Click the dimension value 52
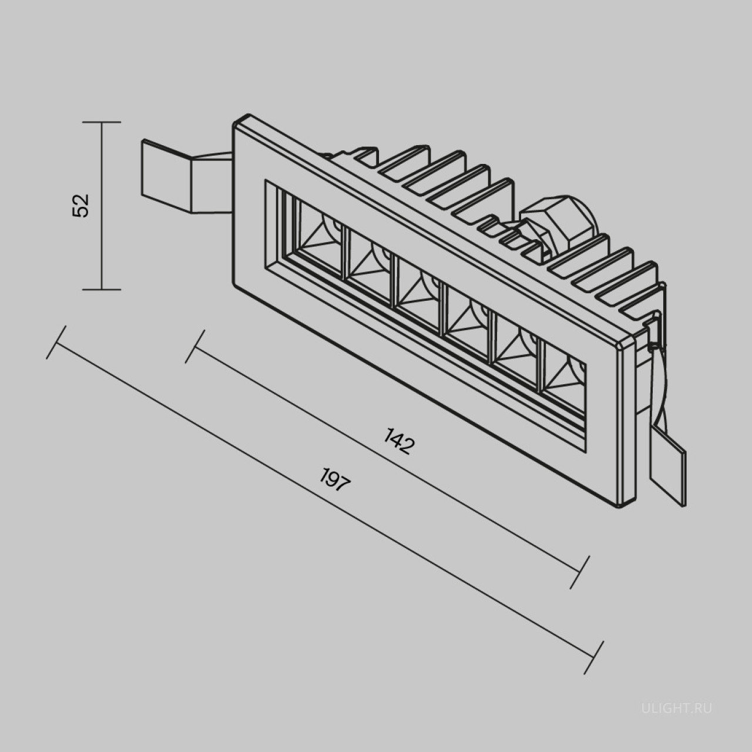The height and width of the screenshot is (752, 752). point(80,205)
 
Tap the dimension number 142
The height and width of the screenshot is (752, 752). point(398,441)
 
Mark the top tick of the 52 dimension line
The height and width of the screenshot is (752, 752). point(102,122)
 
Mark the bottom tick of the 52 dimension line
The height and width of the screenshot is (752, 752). point(102,290)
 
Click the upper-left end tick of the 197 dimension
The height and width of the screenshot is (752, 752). point(56,342)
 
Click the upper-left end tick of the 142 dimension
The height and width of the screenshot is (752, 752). point(195,347)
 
